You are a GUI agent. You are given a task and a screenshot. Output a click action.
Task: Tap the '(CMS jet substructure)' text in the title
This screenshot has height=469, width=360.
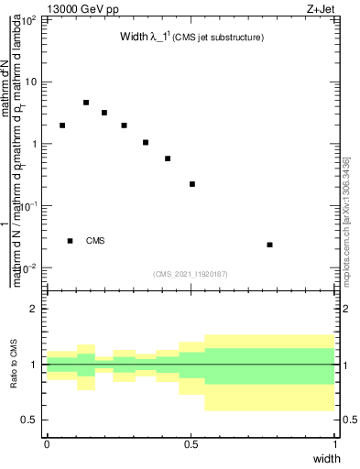pyautogui.click(x=219, y=38)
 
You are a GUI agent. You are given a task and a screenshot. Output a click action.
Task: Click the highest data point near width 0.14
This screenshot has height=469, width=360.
pyautogui.click(x=86, y=103)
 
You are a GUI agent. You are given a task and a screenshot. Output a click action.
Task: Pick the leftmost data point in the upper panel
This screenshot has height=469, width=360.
pyautogui.click(x=62, y=125)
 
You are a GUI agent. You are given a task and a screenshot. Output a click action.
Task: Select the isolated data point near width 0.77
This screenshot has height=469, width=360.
pyautogui.click(x=269, y=245)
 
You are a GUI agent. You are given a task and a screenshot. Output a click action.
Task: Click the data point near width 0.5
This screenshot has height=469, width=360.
pyautogui.click(x=192, y=184)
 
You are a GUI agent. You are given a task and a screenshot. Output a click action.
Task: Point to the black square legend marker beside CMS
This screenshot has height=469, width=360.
pyautogui.click(x=70, y=241)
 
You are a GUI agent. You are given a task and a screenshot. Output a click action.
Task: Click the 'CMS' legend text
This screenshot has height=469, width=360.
pyautogui.click(x=95, y=241)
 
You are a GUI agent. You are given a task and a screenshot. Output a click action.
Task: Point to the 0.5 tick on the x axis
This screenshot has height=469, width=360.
pyautogui.click(x=191, y=444)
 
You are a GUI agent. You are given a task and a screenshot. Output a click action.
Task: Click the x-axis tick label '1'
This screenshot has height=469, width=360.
pyautogui.click(x=335, y=444)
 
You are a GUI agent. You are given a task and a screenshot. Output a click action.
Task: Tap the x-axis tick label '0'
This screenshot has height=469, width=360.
pyautogui.click(x=47, y=444)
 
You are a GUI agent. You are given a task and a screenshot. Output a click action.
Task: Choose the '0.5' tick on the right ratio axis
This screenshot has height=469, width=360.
pyautogui.click(x=349, y=420)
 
